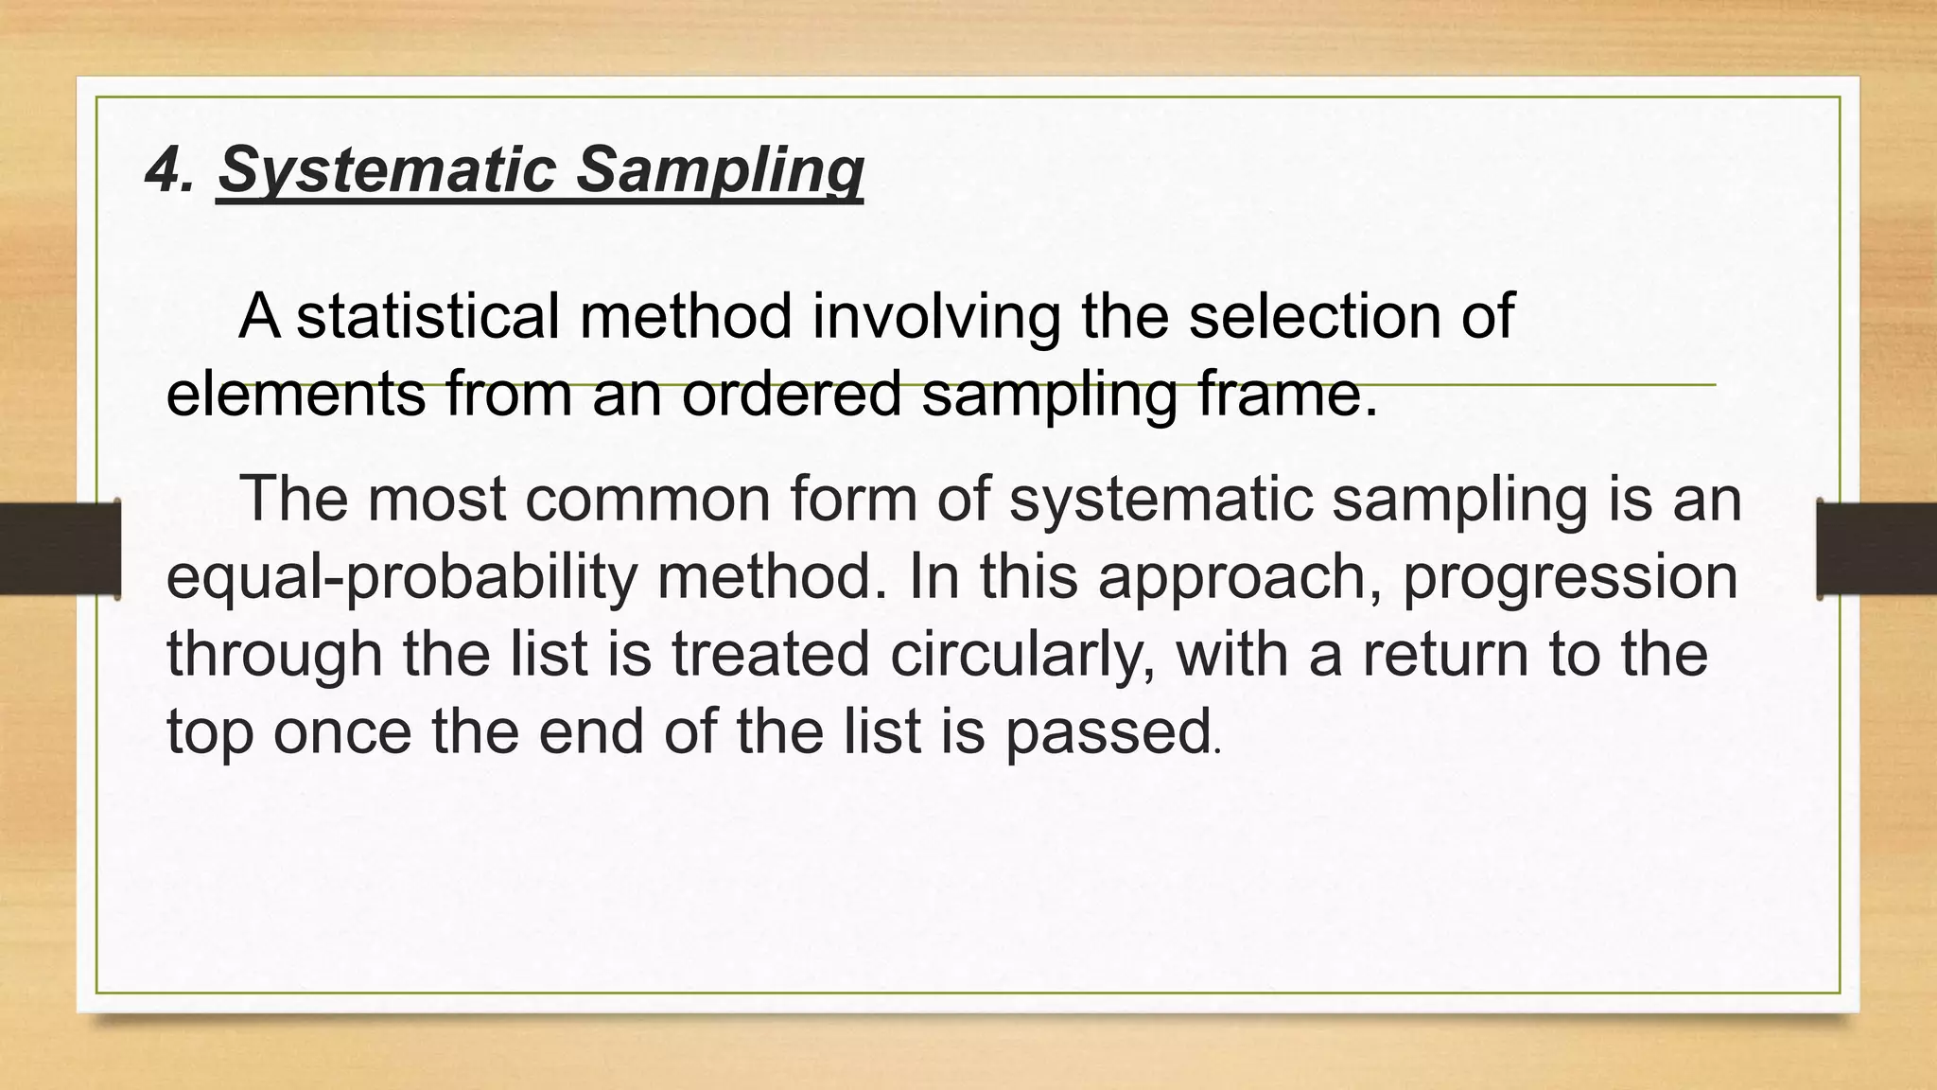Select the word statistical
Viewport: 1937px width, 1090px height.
click(x=428, y=316)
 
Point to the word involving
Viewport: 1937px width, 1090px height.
click(x=936, y=316)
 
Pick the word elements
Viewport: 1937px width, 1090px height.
click(x=296, y=394)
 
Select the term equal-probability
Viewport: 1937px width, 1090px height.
click(x=402, y=577)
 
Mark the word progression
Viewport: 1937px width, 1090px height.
click(x=1570, y=577)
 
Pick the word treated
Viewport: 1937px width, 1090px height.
click(x=770, y=654)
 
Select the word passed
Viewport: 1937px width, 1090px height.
click(x=1108, y=731)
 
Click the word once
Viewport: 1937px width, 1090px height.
click(x=341, y=731)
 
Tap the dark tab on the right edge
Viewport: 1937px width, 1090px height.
click(x=1876, y=549)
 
